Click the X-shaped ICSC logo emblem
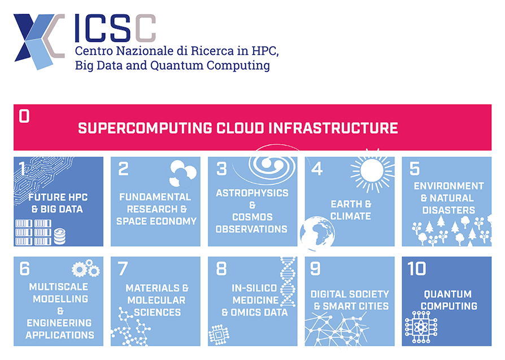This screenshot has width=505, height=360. (38, 41)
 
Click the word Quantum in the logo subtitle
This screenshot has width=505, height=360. (177, 66)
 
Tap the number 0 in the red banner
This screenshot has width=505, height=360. (24, 116)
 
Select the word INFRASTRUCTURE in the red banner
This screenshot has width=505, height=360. (333, 128)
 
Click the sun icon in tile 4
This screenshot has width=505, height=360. (372, 170)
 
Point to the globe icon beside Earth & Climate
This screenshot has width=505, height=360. (317, 233)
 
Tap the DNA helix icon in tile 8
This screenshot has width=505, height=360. (288, 281)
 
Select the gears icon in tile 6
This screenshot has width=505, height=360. (86, 268)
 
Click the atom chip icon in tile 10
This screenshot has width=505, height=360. (421, 327)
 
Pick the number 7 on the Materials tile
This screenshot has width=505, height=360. (123, 268)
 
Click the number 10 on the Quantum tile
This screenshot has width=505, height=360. (417, 268)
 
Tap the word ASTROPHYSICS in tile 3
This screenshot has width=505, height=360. (252, 193)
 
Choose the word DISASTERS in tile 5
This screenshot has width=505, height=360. (449, 210)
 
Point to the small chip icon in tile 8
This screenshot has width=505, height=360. (219, 335)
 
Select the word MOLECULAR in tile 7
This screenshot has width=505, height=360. (156, 300)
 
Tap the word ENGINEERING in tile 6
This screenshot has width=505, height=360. (59, 323)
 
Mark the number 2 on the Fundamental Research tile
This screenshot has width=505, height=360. (123, 169)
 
